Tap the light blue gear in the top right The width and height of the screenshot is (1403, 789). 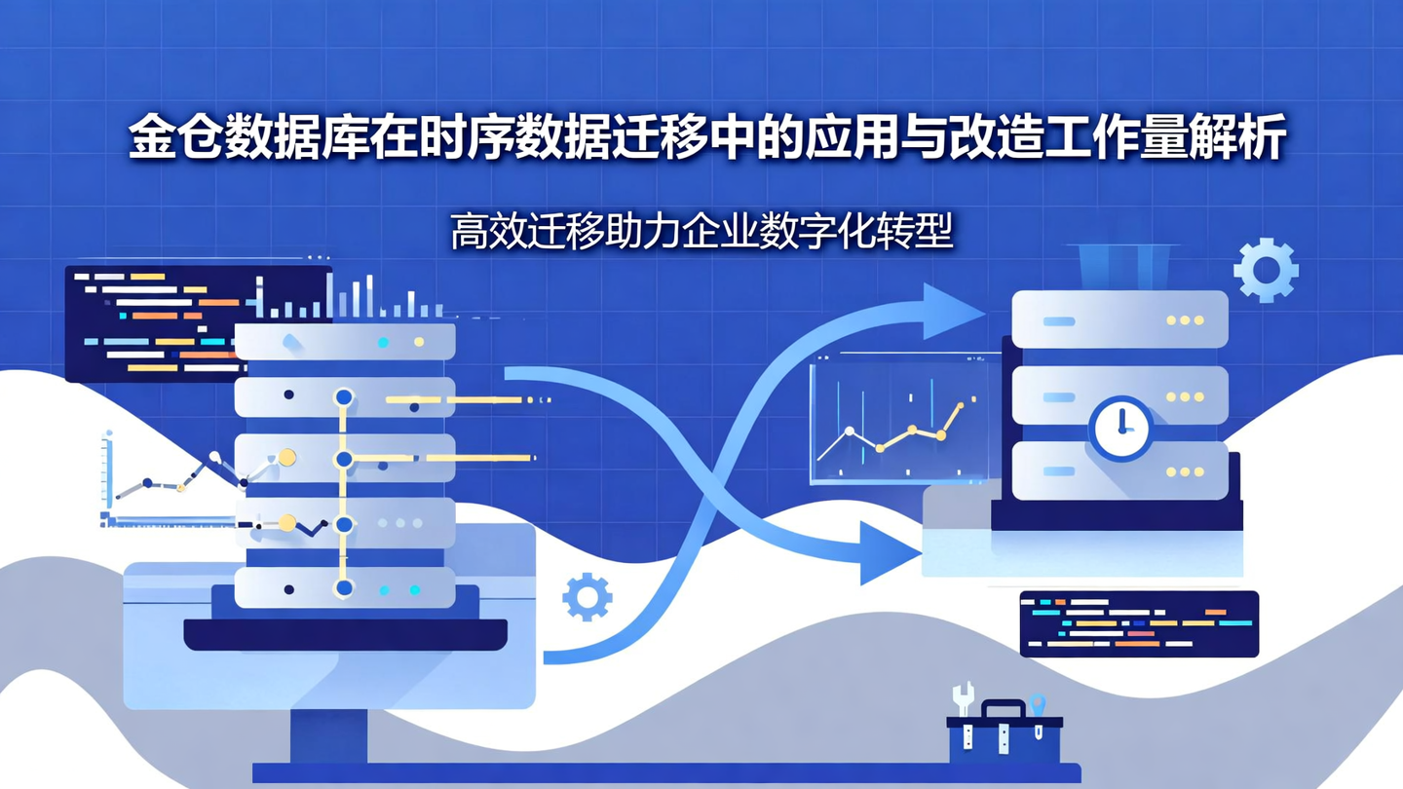1266,270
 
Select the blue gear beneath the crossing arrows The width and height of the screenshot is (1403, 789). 588,597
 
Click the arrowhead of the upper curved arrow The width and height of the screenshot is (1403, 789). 950,311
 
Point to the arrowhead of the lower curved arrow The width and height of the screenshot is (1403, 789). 887,552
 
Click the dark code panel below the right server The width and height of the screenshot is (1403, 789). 1138,623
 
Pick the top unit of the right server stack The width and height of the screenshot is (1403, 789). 1119,319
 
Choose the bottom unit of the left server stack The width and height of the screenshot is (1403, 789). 345,588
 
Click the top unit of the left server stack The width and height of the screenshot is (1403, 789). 345,342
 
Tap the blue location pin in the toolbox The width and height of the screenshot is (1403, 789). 1038,705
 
